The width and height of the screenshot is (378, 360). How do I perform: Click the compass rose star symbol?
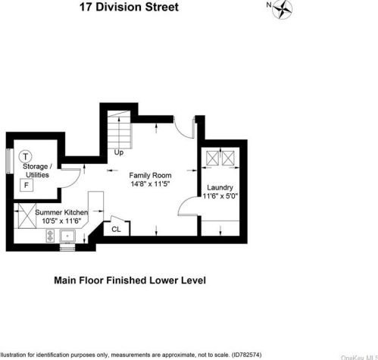tap(283, 10)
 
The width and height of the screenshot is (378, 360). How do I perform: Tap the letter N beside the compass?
tap(269, 5)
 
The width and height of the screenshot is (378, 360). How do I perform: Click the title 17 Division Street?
tap(129, 7)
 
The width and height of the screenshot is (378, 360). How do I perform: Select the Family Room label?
tap(150, 175)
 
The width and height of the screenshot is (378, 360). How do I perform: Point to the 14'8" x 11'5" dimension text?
tap(150, 183)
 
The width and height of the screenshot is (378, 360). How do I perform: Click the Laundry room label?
tap(220, 188)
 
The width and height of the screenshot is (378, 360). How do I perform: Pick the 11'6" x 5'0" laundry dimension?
tap(220, 196)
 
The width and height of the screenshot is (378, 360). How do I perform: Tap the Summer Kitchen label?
tap(61, 212)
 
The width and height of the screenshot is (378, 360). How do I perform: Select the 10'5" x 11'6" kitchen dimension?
tap(61, 221)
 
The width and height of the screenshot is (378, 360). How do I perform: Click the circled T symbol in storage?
tap(25, 157)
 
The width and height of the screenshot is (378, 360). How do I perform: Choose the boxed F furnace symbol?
tap(27, 185)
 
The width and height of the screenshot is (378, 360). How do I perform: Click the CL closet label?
tap(116, 230)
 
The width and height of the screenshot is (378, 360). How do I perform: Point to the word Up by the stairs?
tap(119, 152)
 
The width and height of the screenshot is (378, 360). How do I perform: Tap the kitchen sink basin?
tap(67, 236)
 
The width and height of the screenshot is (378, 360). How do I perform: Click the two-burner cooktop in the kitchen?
tap(50, 236)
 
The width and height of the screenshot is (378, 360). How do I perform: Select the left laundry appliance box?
tap(212, 158)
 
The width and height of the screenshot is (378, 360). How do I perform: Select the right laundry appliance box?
tap(228, 158)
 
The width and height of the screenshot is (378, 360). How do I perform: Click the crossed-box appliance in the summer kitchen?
tap(27, 216)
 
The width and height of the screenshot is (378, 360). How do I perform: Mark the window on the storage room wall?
tap(10, 161)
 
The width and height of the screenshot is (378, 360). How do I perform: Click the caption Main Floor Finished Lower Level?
tap(130, 280)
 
